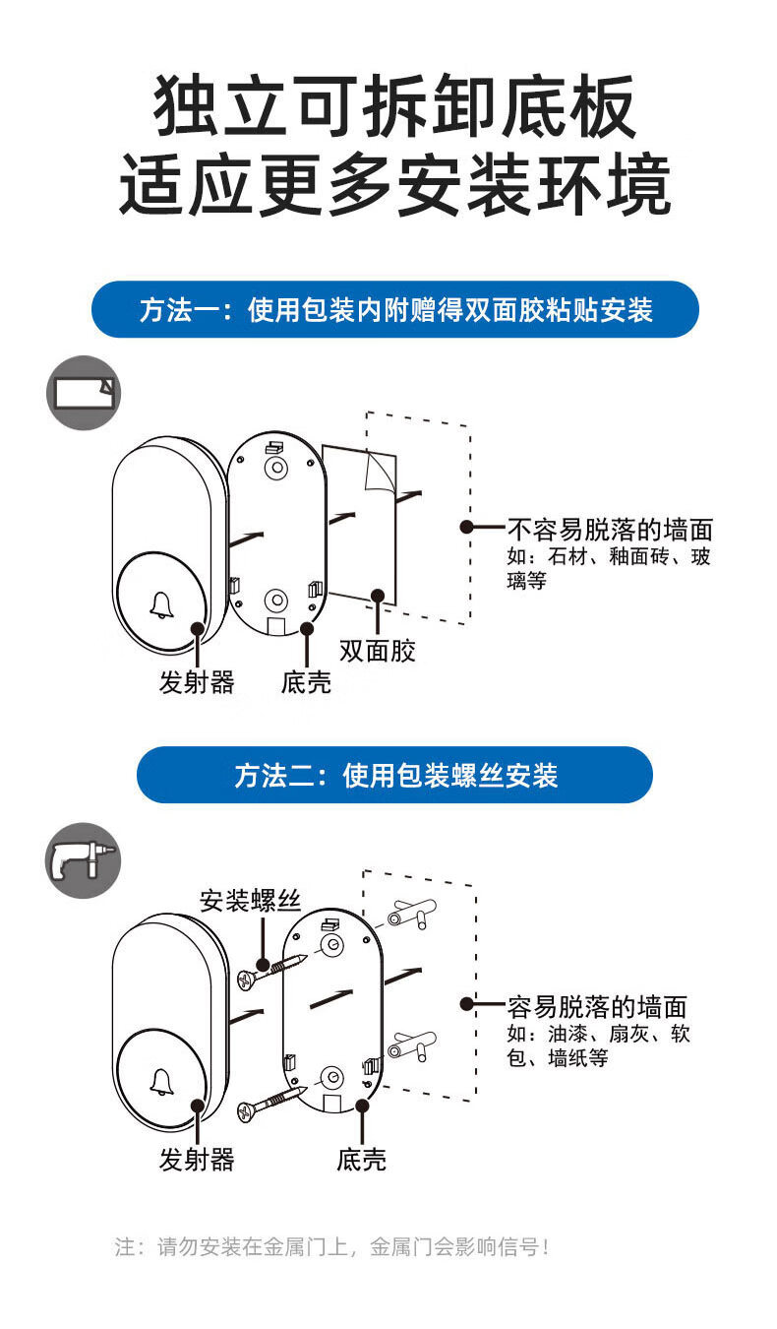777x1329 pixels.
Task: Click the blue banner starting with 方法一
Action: click(x=394, y=309)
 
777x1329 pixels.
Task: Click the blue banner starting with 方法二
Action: click(x=394, y=775)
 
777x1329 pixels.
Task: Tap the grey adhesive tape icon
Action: click(x=84, y=393)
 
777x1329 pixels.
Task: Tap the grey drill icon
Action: click(x=83, y=859)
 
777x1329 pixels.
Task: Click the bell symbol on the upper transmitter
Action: click(x=162, y=605)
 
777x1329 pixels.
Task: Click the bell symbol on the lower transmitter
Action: click(x=162, y=1082)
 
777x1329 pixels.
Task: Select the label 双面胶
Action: click(x=378, y=651)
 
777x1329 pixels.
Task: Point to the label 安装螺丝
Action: click(x=250, y=901)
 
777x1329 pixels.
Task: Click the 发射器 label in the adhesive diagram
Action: click(x=197, y=682)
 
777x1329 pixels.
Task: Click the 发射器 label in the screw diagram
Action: click(x=197, y=1160)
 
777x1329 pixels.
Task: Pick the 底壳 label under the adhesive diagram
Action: click(x=307, y=682)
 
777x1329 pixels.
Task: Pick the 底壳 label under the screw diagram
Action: click(x=362, y=1160)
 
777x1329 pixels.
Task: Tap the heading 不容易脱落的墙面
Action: click(x=610, y=530)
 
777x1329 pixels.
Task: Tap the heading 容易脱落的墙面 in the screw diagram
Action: click(x=597, y=1007)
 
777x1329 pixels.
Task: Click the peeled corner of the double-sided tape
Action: click(x=378, y=472)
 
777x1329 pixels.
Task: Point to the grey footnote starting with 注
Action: click(x=331, y=1246)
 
